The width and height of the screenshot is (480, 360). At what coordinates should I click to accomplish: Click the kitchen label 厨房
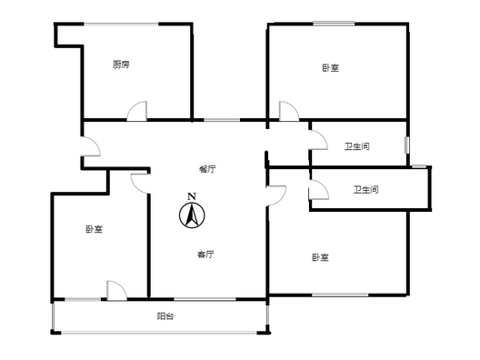pos(121,65)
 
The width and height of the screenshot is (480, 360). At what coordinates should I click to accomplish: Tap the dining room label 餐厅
pos(207,169)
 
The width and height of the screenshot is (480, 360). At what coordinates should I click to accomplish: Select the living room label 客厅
pos(205,255)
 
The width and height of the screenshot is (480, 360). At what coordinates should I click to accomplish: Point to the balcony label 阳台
pos(165,316)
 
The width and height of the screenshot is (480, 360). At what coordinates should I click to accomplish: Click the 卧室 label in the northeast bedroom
pos(331,68)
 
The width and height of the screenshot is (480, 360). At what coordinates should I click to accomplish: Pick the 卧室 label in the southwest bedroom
pos(95,229)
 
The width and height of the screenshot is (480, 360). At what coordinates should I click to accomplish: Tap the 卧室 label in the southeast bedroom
pos(321,257)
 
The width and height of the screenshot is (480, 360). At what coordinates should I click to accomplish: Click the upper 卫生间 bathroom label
pos(357,146)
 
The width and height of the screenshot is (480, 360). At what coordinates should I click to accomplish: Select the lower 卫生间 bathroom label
pos(365,190)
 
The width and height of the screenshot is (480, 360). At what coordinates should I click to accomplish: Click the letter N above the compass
pos(192,196)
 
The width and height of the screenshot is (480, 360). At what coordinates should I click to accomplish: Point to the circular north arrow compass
pos(192,215)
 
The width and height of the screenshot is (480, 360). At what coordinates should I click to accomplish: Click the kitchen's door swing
pos(137,111)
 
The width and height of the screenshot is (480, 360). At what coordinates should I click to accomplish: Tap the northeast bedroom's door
pos(289,111)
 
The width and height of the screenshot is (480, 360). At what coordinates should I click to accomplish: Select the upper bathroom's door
pos(318,140)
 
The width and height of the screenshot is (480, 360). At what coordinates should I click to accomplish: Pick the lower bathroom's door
pos(319,190)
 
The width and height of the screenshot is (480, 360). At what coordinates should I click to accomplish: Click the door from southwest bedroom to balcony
pos(117,291)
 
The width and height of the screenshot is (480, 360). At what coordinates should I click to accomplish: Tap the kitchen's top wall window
pos(122,24)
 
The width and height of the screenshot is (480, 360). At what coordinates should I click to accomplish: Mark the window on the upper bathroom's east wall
pos(407,145)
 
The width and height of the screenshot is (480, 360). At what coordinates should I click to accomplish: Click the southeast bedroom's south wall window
pos(340,295)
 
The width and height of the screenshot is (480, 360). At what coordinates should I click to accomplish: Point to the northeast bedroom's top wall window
pos(334,24)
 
